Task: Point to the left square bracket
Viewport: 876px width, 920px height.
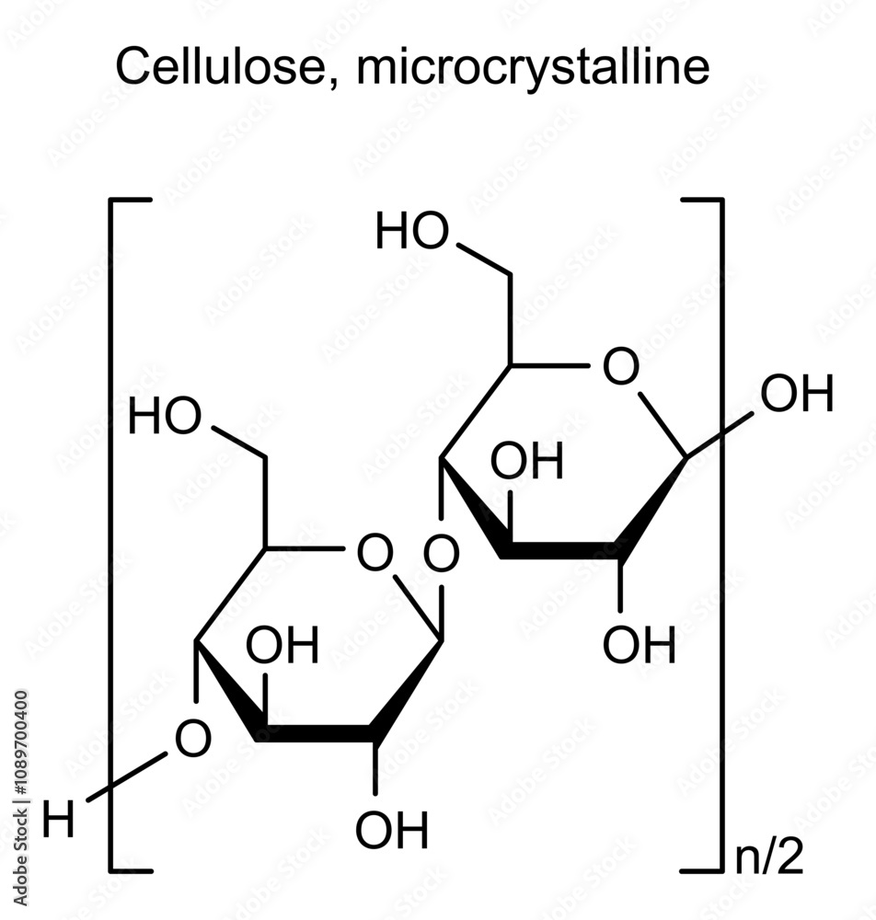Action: pos(112,534)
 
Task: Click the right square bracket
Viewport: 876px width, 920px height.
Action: pos(720,534)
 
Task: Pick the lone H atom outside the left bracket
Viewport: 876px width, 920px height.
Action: pos(59,821)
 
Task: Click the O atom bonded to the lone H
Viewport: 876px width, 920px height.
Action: pos(192,739)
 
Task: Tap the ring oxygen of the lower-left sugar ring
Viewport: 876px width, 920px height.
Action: pos(374,554)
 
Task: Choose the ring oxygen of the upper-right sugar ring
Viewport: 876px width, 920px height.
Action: pos(620,367)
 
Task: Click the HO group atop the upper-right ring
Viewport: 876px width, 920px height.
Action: pos(412,233)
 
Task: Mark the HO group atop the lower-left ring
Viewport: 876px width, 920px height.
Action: pos(165,419)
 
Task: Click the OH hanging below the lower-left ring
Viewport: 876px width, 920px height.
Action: pos(392,831)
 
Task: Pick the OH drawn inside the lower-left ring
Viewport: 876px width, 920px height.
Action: pos(282,646)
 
